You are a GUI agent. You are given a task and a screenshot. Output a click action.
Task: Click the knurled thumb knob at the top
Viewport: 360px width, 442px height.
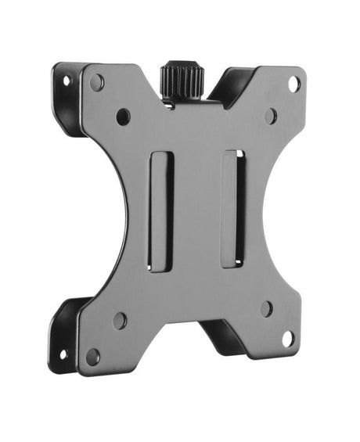click(182, 80)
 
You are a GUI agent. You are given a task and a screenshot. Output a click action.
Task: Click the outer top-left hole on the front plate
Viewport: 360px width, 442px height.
click(97, 81)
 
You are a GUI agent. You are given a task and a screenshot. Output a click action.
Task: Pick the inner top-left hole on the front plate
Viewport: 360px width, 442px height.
click(123, 117)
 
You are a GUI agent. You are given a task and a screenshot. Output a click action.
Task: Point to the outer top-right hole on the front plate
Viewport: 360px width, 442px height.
click(293, 83)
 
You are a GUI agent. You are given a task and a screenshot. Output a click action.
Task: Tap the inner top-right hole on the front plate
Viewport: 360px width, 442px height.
click(270, 116)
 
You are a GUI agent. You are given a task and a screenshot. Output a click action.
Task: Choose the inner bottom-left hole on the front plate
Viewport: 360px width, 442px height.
click(120, 320)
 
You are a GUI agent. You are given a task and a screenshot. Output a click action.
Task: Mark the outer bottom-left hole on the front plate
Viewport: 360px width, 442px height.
click(92, 357)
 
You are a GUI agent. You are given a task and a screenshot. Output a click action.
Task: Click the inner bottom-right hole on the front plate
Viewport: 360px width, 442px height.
click(267, 308)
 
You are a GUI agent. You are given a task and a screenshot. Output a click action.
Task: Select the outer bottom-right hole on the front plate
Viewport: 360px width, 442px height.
click(287, 339)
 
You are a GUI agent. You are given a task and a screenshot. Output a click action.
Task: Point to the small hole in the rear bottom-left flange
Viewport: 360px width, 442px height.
click(63, 354)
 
